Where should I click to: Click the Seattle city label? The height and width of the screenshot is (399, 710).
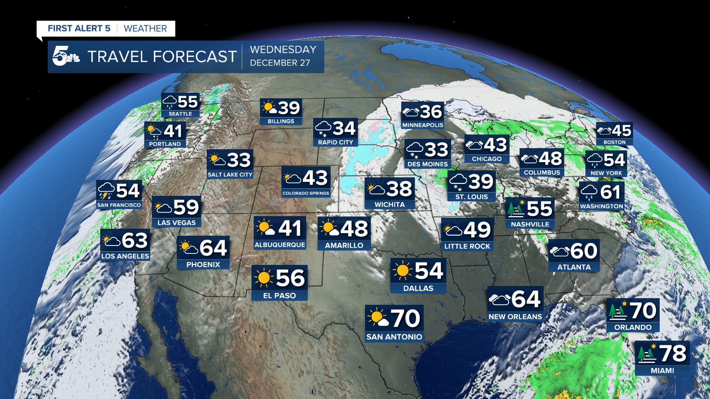(x=180, y=114)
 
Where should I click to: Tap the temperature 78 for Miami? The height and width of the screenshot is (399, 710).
(x=673, y=353)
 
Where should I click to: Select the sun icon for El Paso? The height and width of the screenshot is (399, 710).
(x=264, y=277)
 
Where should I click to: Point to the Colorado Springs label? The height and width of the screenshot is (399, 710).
(x=305, y=193)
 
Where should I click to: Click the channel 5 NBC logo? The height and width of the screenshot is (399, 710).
(x=66, y=56)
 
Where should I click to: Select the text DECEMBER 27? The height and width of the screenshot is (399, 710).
(x=280, y=63)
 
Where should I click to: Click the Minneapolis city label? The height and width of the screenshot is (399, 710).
(x=423, y=125)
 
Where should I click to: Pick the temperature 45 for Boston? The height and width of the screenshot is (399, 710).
(x=621, y=131)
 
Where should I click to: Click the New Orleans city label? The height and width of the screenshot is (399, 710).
(x=515, y=317)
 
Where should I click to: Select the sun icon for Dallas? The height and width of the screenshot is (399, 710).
(x=402, y=270)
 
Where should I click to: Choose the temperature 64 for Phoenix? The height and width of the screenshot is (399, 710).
(x=213, y=248)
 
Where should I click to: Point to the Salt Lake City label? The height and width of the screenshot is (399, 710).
(x=230, y=174)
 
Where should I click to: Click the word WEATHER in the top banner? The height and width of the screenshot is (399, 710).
(x=145, y=28)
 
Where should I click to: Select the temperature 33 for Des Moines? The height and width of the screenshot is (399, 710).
(x=436, y=150)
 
